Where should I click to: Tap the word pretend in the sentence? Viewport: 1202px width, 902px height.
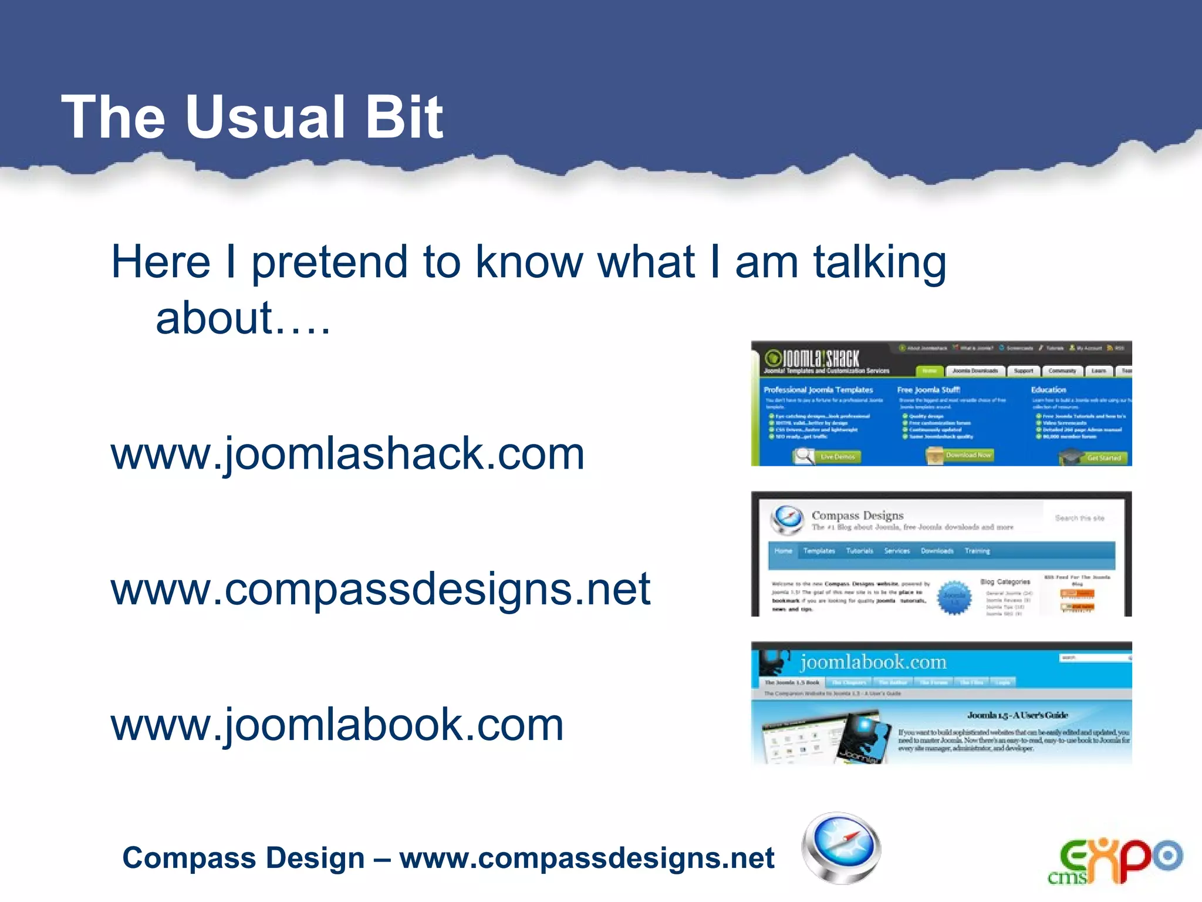pos(329,262)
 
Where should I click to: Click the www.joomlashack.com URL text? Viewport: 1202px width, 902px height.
pos(347,454)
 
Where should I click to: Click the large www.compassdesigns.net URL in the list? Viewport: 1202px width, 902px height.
pos(380,589)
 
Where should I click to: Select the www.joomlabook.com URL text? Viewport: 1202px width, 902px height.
pos(337,725)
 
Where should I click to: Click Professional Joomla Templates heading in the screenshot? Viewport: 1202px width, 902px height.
pos(818,390)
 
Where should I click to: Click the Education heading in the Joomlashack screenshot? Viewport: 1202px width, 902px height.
pos(1048,390)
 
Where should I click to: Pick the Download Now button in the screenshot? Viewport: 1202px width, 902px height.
pos(968,455)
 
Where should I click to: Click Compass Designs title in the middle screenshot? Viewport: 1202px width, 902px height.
pos(857,516)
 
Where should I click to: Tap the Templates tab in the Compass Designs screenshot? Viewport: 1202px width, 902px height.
pos(819,551)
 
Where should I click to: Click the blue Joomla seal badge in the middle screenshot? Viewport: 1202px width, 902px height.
pos(954,598)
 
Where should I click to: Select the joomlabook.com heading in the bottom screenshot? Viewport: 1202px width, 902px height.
pos(873,662)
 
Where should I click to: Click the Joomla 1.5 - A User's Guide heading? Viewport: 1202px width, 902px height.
pos(1017,715)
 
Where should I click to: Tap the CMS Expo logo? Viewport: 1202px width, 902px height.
pos(1115,861)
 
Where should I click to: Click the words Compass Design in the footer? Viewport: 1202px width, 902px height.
pos(243,858)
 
